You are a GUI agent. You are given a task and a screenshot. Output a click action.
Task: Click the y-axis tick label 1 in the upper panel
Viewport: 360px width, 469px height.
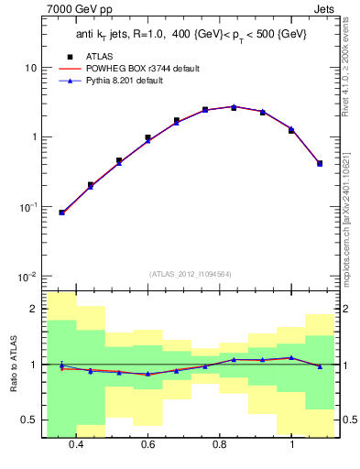coord(35,137)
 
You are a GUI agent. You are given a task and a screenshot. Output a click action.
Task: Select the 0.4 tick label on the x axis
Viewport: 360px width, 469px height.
coord(76,444)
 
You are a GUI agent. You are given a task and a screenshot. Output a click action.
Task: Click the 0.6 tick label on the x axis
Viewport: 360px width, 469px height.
coord(147,444)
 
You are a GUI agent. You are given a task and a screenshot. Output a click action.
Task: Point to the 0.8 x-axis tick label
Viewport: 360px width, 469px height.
coord(220,444)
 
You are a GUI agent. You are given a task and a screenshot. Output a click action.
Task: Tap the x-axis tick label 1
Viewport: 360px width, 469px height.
coord(291,444)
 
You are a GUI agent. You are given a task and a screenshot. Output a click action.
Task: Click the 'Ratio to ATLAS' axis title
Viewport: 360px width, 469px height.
coord(12,364)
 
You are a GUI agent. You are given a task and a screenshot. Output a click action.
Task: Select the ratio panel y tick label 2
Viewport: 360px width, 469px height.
coord(35,310)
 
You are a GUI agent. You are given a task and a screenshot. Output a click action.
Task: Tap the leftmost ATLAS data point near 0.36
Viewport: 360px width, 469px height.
coord(61,213)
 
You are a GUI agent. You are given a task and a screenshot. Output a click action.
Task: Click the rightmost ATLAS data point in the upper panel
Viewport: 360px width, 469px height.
coord(319,163)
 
